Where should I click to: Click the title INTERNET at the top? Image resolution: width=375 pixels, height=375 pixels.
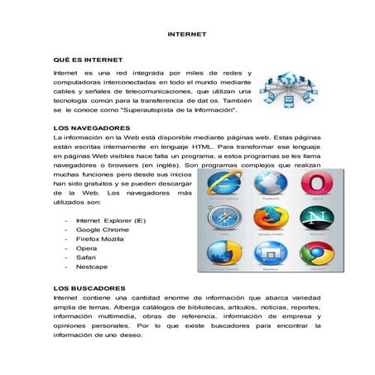(x=187, y=35)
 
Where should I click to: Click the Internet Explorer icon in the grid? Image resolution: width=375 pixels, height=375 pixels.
(x=222, y=185)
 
